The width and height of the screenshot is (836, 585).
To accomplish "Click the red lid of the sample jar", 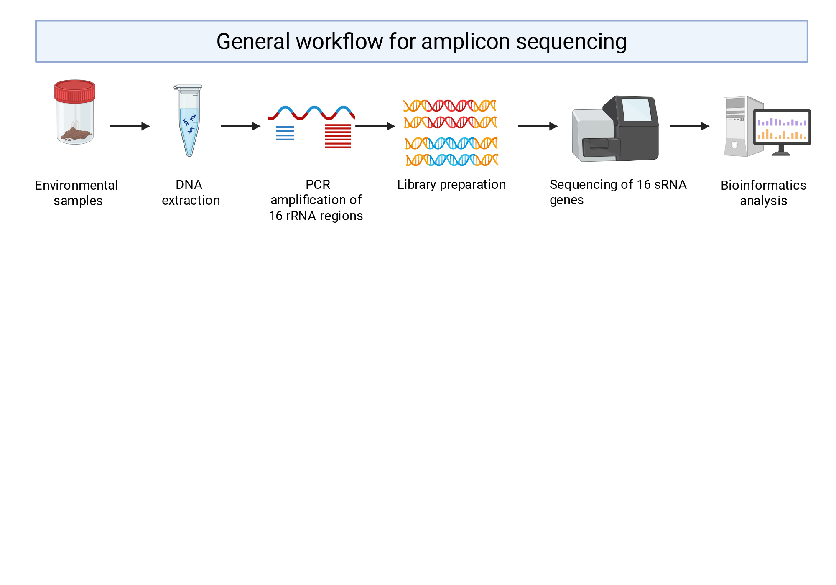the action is click(x=75, y=91).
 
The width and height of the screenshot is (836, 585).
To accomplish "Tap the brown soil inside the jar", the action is click(x=76, y=135).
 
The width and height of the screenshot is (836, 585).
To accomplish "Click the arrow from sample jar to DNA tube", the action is click(x=130, y=126).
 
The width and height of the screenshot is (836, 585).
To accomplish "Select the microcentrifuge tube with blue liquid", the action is click(x=189, y=120).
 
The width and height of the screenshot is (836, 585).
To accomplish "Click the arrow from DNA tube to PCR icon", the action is click(x=240, y=126).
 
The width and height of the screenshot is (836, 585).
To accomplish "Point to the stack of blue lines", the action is click(x=285, y=133).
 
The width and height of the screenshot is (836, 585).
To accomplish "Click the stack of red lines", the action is click(x=338, y=136).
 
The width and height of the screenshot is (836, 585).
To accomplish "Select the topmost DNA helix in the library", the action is click(x=450, y=106).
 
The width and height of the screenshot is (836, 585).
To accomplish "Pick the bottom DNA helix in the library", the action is click(x=452, y=160).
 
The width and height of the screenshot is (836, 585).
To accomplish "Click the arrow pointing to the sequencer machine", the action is click(x=538, y=126).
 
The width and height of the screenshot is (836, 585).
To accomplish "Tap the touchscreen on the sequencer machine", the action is click(x=637, y=109).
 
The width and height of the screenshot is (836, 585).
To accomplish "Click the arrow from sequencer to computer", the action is click(x=690, y=126).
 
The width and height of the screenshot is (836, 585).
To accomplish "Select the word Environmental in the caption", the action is click(x=76, y=185).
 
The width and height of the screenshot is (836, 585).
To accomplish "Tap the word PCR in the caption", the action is click(x=318, y=184).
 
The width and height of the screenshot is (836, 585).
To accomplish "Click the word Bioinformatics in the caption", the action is click(x=763, y=185).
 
